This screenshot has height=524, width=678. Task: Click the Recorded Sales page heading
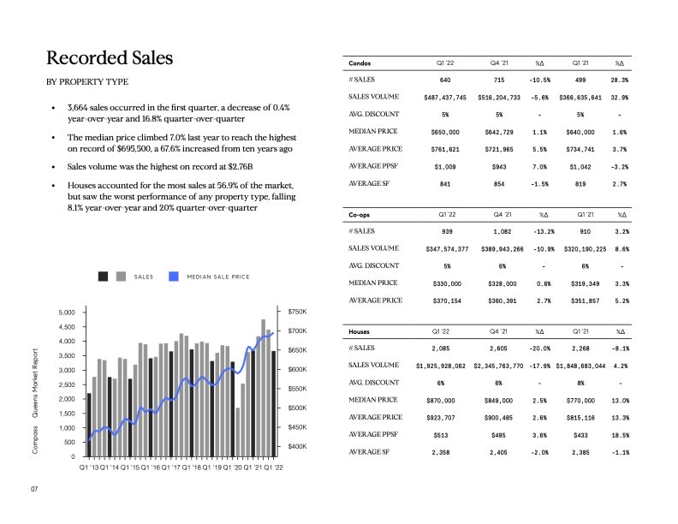(x=110, y=58)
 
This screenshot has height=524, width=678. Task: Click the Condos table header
(x=360, y=63)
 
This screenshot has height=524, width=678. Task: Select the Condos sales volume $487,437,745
(x=445, y=98)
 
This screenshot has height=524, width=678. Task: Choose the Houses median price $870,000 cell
(x=445, y=401)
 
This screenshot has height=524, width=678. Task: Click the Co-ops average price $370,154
(x=445, y=301)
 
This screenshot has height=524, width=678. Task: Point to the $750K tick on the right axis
(x=297, y=313)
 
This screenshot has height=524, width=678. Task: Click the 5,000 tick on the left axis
(x=66, y=313)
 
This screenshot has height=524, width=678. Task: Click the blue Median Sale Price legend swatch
(x=174, y=277)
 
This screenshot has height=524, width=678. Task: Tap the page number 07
(x=35, y=489)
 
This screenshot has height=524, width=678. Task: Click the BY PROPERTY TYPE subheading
(x=86, y=82)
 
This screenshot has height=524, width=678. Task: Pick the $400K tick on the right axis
(x=297, y=447)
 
